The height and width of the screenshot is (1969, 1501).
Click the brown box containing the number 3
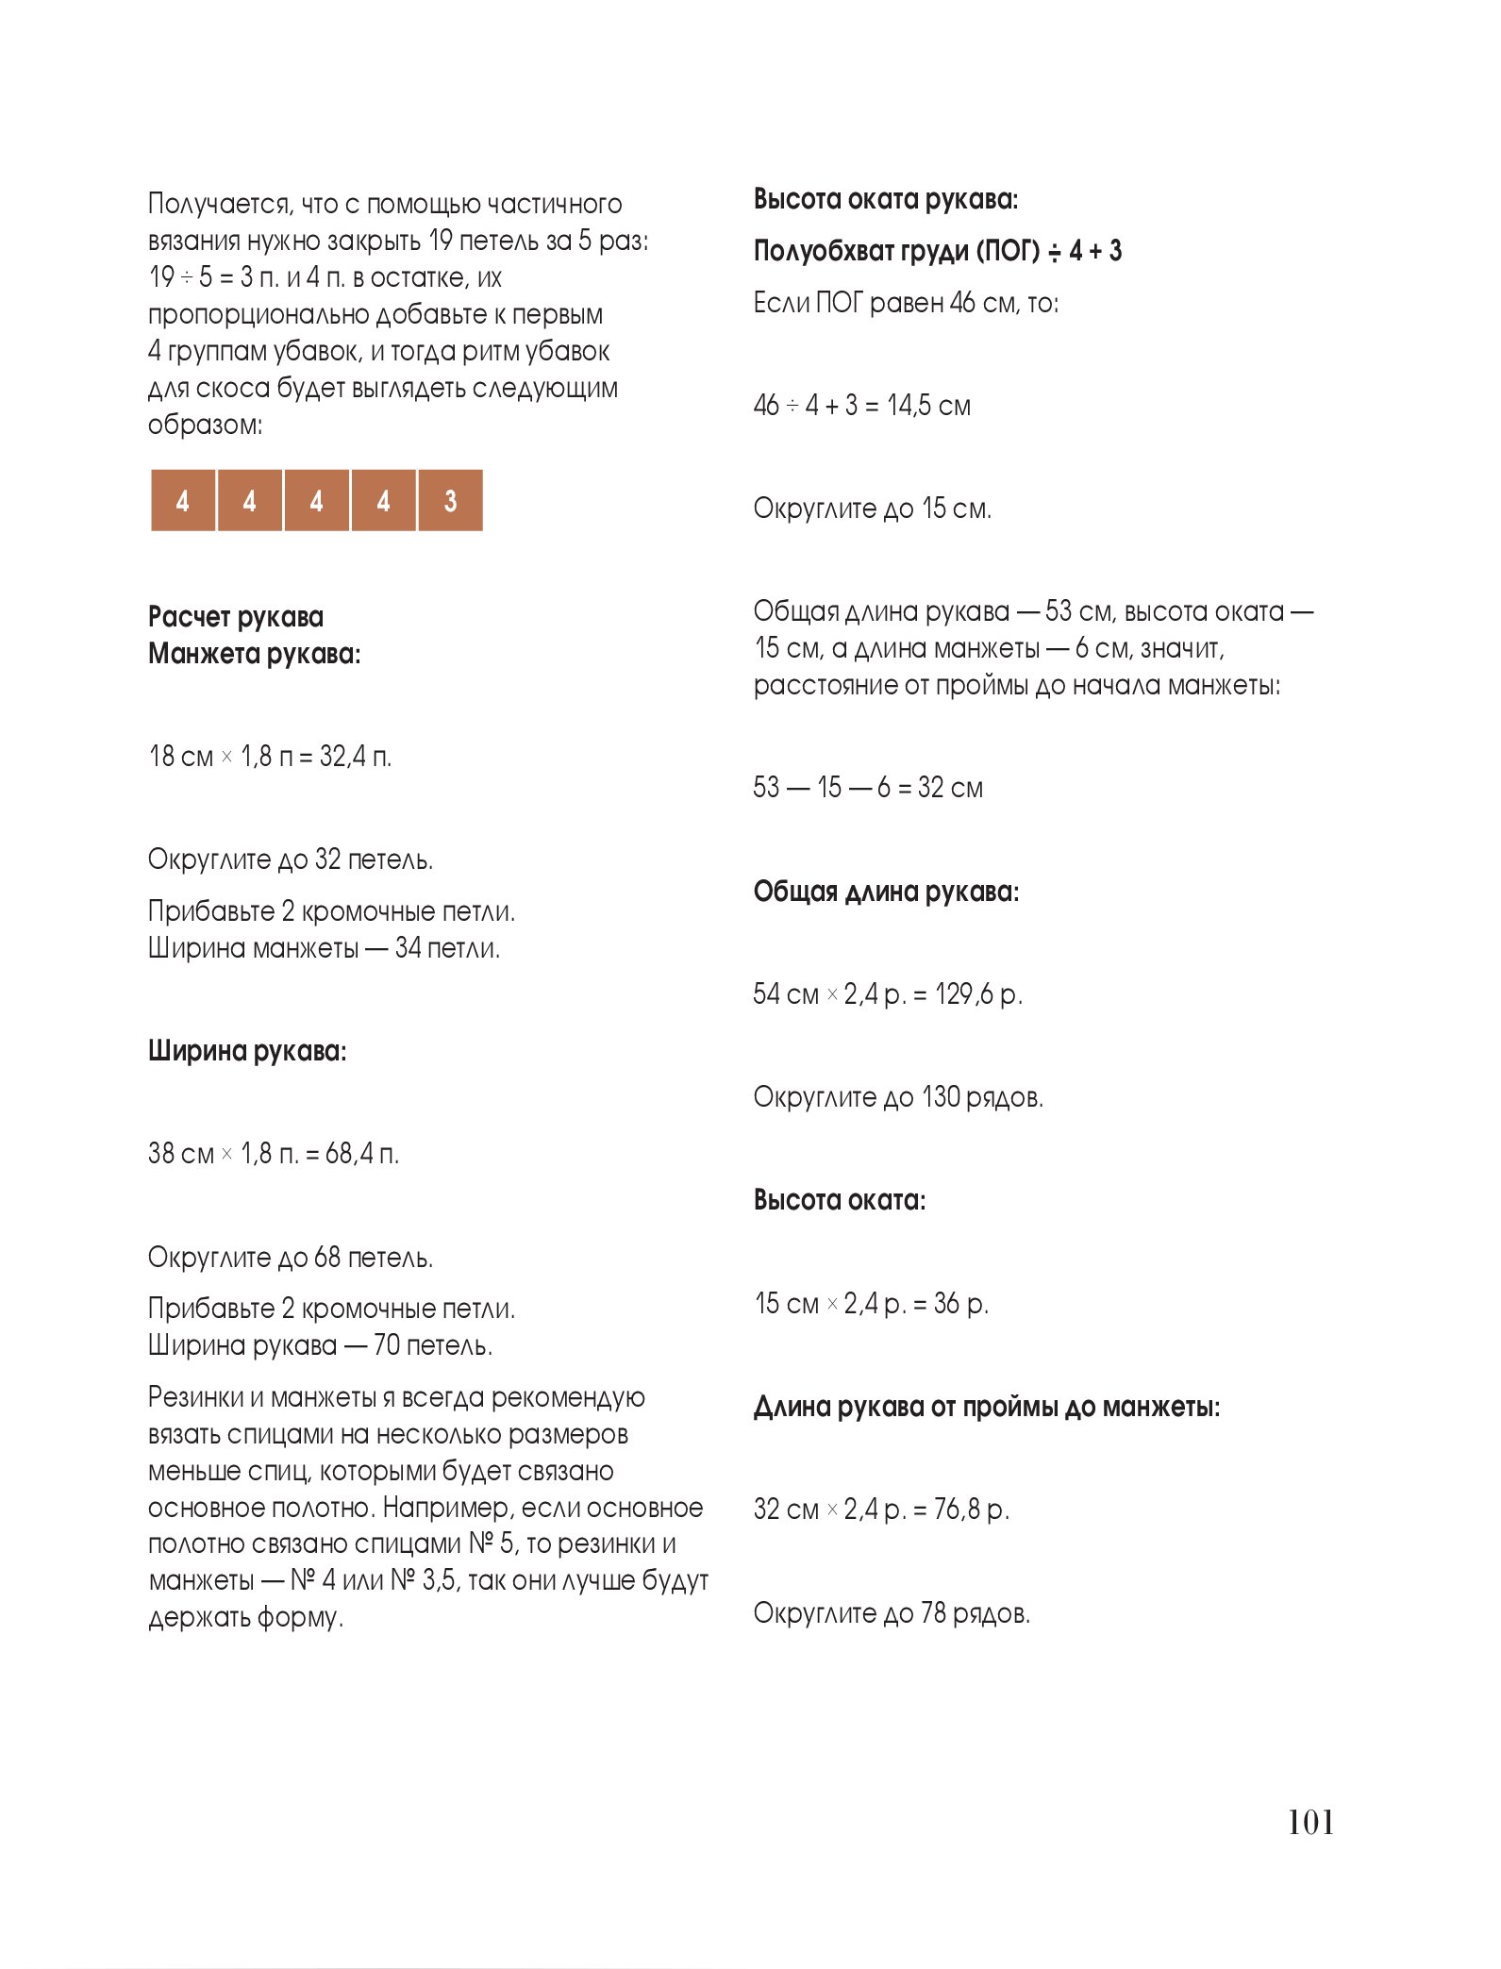(x=450, y=500)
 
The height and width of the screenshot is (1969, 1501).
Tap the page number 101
(x=1310, y=1821)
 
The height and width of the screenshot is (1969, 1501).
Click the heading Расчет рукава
(x=236, y=617)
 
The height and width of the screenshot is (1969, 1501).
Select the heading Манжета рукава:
(x=255, y=654)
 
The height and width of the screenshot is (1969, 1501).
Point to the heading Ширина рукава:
(x=247, y=1051)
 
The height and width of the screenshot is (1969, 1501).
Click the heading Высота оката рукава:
(x=886, y=199)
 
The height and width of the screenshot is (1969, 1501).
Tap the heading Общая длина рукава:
(x=886, y=892)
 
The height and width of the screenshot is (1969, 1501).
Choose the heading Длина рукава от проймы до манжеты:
(x=987, y=1407)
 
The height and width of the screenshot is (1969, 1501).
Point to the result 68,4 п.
(x=362, y=1154)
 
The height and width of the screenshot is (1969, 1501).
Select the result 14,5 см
(x=928, y=406)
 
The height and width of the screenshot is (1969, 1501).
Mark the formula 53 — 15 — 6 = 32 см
(x=868, y=788)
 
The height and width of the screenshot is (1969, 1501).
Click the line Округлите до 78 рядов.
(x=892, y=1613)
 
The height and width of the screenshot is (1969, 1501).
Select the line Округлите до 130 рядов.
(x=898, y=1097)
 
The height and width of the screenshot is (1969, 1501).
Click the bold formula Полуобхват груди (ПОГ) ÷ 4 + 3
(x=938, y=251)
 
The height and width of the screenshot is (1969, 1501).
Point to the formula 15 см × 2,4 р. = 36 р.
(x=871, y=1304)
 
